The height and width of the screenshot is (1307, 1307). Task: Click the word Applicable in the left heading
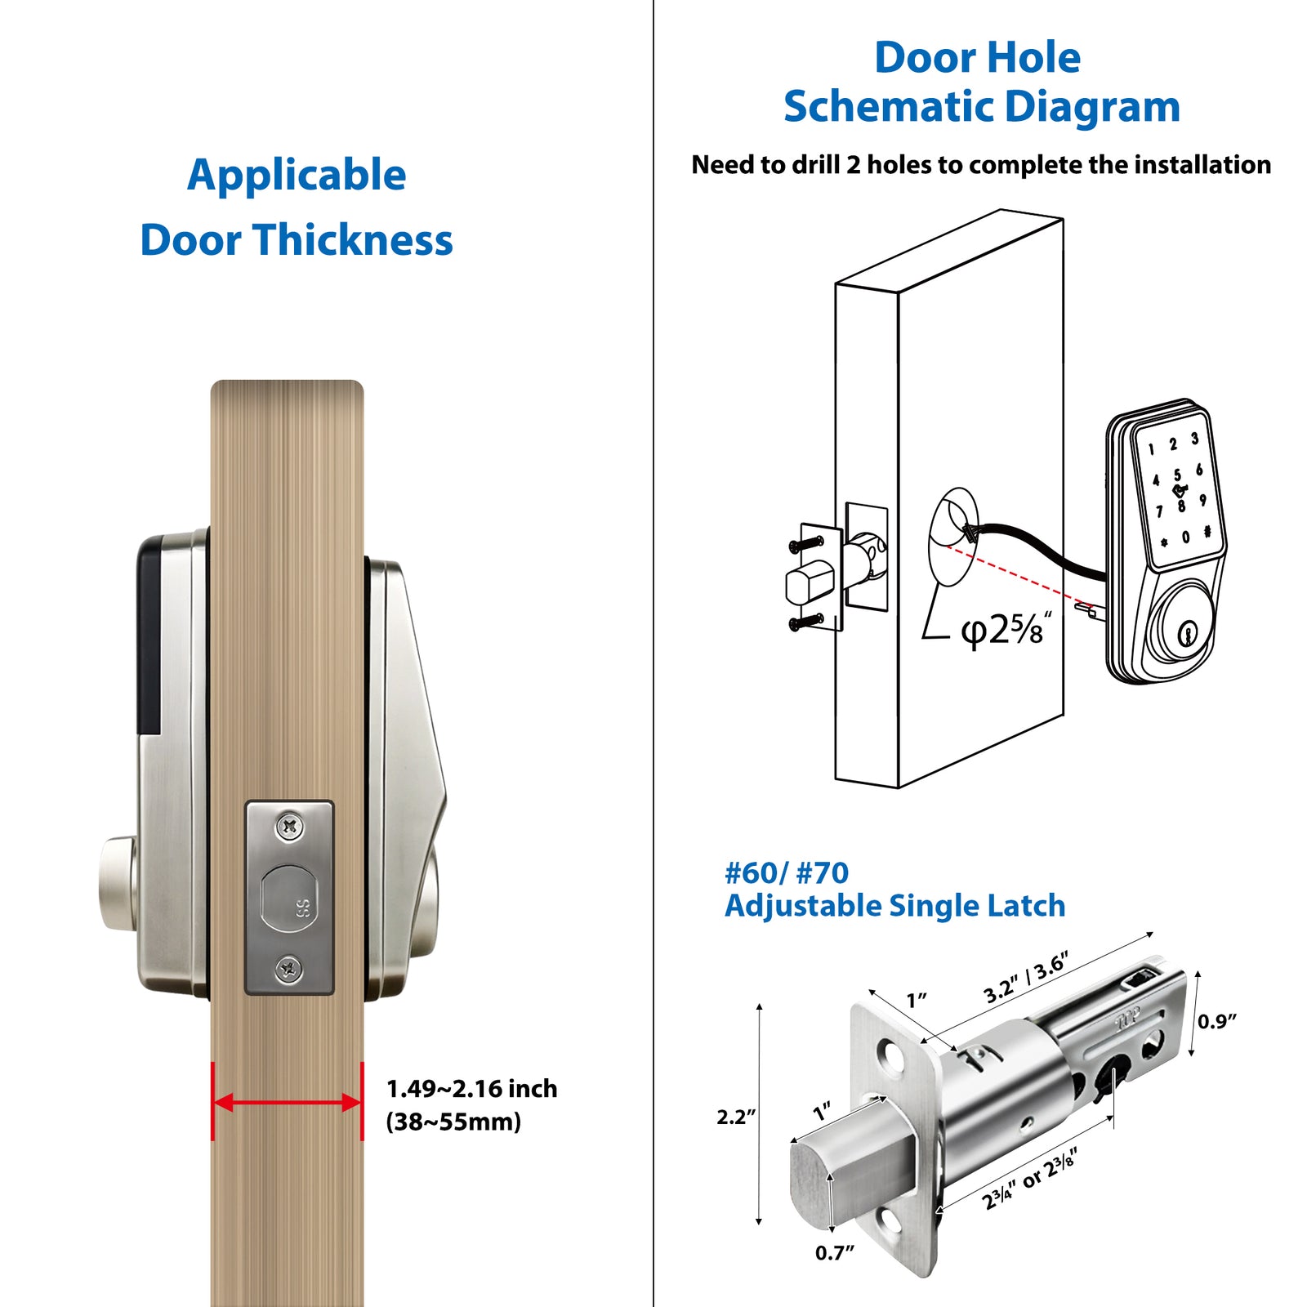297,176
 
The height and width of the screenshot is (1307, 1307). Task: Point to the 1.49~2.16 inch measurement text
471,1089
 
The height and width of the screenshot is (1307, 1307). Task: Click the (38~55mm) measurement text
453,1122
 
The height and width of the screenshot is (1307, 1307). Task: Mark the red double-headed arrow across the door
288,1103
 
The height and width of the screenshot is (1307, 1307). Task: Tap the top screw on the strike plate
289,827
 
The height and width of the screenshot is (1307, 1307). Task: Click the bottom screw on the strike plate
289,970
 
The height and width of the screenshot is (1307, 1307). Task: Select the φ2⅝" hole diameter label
1005,629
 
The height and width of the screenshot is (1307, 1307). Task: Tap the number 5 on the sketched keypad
1177,475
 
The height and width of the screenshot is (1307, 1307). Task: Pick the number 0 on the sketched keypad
1185,538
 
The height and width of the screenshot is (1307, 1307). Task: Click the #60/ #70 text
787,873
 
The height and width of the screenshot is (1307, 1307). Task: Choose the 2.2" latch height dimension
736,1117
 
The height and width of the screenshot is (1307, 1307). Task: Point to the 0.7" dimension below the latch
834,1253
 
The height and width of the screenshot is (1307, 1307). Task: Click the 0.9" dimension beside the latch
1217,1021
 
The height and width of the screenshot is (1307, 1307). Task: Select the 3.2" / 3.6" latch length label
1026,978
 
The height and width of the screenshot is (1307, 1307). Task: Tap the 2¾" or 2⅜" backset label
1030,1179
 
